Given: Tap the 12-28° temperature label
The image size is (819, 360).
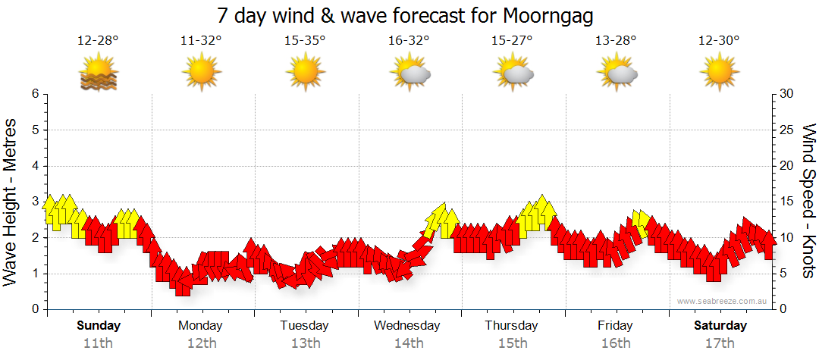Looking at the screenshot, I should pos(98,41).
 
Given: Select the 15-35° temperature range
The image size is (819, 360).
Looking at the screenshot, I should pos(305,41).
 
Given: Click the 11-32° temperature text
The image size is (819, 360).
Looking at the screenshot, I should pos(201,41).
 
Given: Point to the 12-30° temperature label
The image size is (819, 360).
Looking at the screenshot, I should pos(719,41).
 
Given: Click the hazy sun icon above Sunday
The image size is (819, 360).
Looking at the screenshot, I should pos(98,74).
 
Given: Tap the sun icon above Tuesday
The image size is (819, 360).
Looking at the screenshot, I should pos(305,74).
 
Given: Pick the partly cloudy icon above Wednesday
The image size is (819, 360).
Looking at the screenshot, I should pos(409,74).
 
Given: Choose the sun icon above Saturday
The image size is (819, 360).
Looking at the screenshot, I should pos(719,74).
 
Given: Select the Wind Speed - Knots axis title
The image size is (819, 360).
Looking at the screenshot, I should pos(808,201).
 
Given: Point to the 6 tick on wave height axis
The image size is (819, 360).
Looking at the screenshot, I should pos(35,94).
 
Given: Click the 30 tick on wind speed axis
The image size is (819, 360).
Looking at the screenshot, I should pos(786,94).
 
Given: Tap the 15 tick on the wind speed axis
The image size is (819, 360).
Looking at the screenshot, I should pos(786,202).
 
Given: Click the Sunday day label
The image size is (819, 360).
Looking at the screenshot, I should pos(99,326).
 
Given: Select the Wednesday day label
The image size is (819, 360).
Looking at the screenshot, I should pos(407,326).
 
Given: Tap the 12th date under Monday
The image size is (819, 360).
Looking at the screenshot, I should pos(201,343).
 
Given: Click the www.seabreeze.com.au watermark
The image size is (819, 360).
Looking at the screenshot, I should pos(723,301).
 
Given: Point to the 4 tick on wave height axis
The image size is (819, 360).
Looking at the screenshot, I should pos(35,166).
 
